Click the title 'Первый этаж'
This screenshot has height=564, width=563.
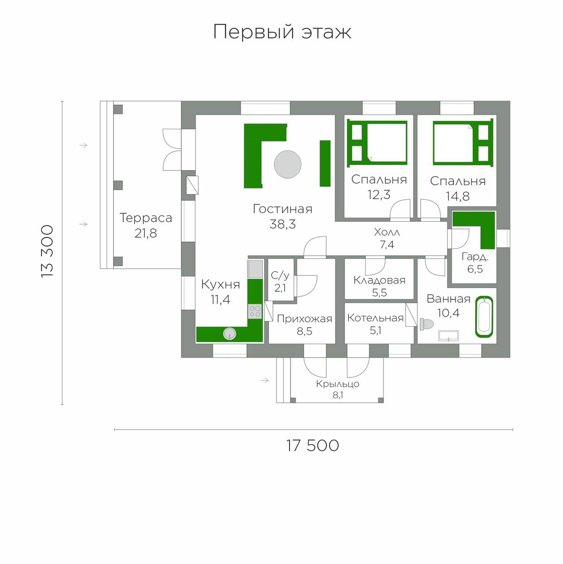click(x=282, y=31)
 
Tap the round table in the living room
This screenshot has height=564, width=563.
click(x=288, y=164)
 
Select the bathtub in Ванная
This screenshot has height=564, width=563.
click(x=484, y=317)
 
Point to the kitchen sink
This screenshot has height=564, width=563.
click(x=229, y=333)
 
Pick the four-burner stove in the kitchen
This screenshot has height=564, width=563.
click(x=255, y=312)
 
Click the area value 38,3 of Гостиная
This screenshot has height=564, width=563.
click(x=282, y=224)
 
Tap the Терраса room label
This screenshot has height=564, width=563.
click(x=146, y=218)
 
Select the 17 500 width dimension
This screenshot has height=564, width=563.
click(x=313, y=446)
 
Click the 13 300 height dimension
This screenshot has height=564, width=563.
click(x=47, y=251)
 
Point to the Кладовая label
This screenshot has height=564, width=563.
click(x=379, y=281)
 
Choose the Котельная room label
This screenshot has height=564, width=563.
click(x=375, y=318)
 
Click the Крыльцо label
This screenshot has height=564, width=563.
click(x=337, y=384)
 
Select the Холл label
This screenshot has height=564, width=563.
click(x=387, y=232)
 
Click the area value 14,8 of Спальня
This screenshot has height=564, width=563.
click(x=458, y=196)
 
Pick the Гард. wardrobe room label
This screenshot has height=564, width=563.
click(x=475, y=257)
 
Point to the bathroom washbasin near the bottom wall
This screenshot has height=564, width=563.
click(x=448, y=336)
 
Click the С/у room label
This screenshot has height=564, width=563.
click(x=280, y=275)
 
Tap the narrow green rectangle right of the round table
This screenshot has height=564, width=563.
click(x=325, y=163)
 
